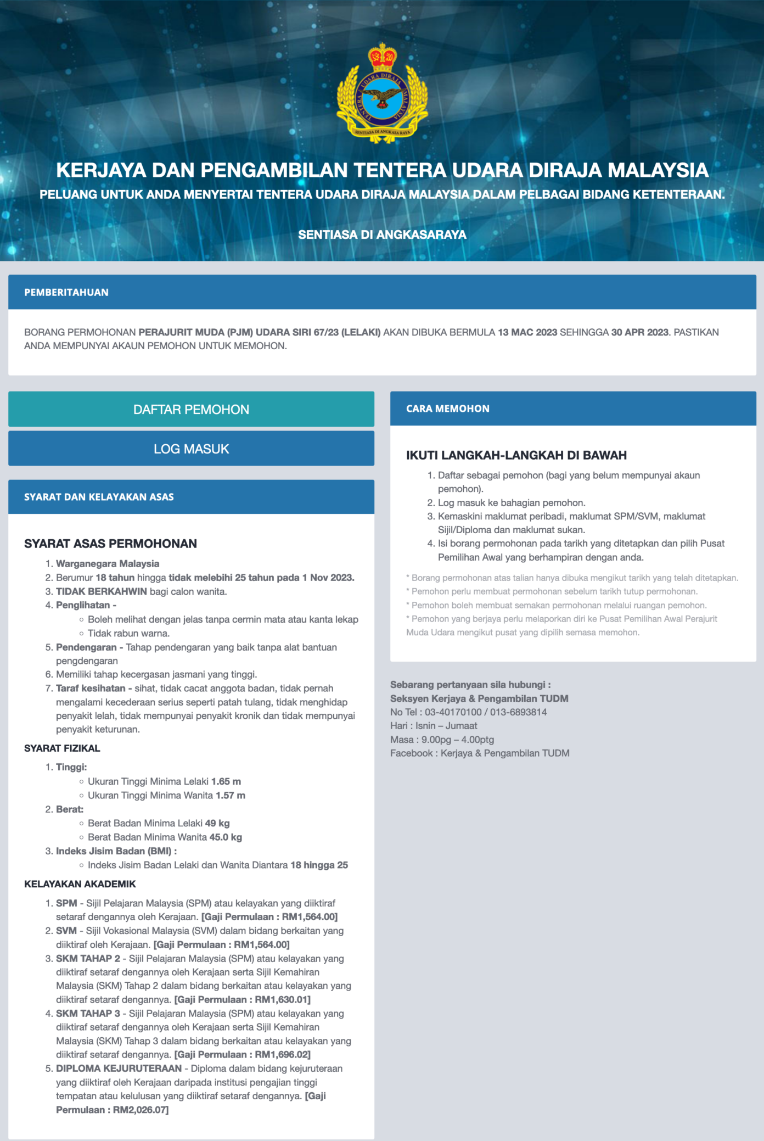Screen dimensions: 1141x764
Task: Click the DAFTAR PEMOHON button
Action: tap(191, 409)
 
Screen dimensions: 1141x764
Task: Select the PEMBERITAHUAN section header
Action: tap(66, 292)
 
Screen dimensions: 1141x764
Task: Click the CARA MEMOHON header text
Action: tap(448, 409)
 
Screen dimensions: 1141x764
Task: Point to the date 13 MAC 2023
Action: tap(527, 332)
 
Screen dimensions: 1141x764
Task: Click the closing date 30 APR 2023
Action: tap(639, 332)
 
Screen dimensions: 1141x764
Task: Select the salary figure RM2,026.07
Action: tap(141, 1110)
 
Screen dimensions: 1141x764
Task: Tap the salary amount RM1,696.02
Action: tap(282, 1054)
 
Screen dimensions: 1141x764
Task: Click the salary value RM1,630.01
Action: tap(282, 999)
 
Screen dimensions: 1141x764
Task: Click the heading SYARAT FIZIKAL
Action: tap(62, 748)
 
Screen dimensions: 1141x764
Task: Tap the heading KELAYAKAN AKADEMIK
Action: tap(80, 884)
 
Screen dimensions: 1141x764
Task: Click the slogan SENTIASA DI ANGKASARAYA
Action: tap(382, 234)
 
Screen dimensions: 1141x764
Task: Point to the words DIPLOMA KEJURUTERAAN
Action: tap(119, 1068)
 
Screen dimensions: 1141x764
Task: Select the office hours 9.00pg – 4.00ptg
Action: tap(458, 740)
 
